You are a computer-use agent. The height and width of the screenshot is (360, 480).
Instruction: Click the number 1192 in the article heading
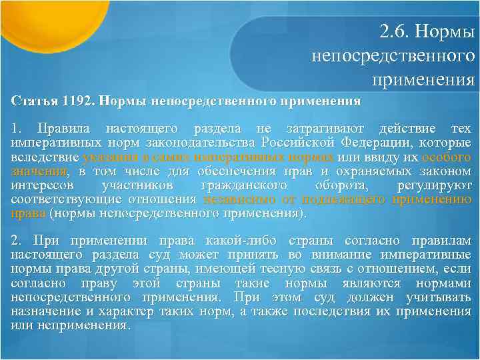coord(80,102)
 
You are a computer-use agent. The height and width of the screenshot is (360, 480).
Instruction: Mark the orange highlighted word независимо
coord(233,199)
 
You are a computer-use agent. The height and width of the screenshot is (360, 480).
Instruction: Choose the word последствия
coord(331,311)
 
